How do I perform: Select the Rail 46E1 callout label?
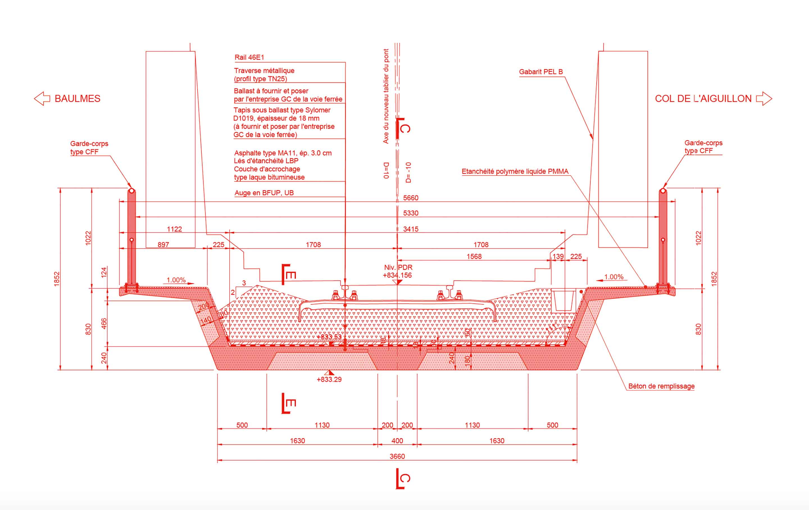[249, 58]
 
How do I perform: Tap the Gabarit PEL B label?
[540, 72]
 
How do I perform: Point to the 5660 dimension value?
[411, 198]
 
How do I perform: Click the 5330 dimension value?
[411, 213]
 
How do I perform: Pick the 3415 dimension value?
[411, 229]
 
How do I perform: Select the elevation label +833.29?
[329, 379]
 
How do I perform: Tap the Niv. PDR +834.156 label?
[398, 271]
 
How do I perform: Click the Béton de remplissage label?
[661, 386]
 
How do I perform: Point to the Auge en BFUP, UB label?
[264, 193]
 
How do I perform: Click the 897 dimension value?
[163, 244]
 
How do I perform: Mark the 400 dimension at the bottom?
[397, 440]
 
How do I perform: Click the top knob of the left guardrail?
[132, 191]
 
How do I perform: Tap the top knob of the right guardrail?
[663, 191]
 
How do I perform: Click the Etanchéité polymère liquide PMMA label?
[515, 171]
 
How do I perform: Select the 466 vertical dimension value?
[104, 323]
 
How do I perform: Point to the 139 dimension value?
[558, 256]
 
